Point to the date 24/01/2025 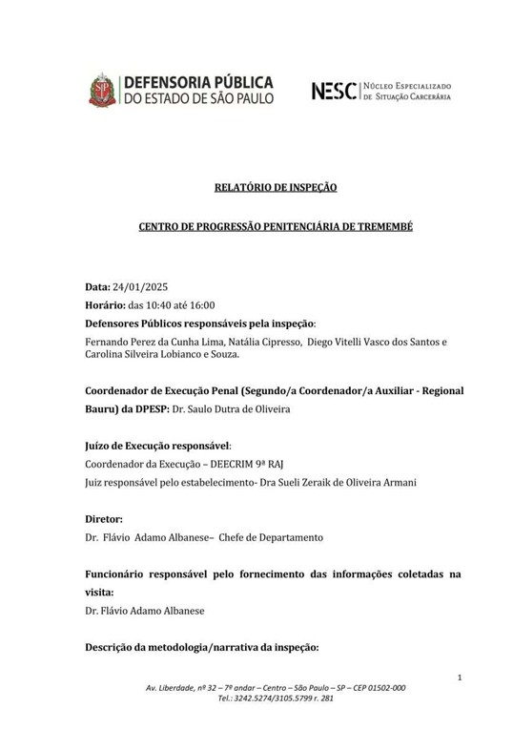point(140,287)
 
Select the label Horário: point(105,305)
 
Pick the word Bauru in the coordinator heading point(103,409)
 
